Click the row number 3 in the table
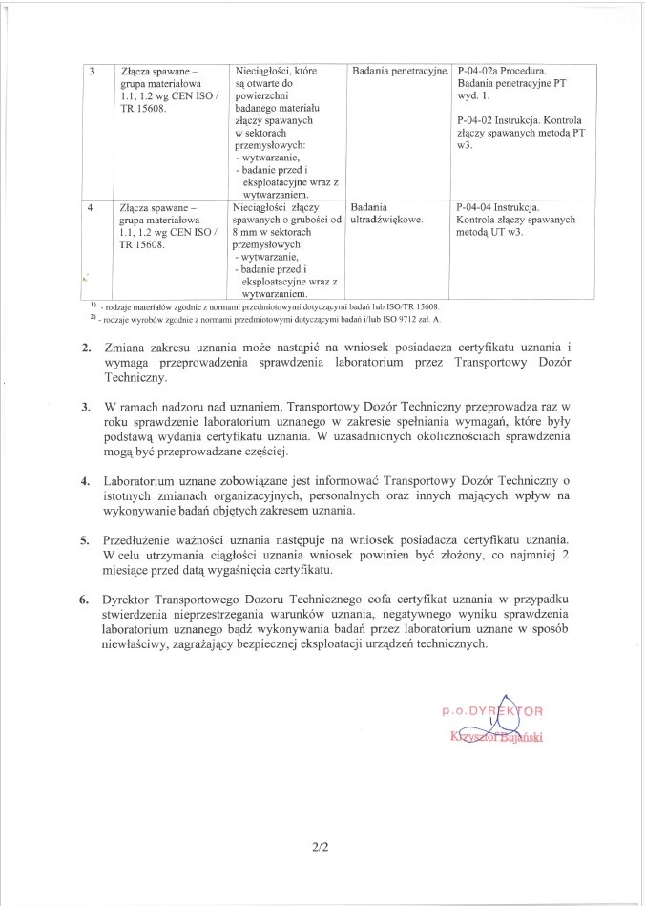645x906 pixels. coord(91,73)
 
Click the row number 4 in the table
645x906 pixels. coord(91,207)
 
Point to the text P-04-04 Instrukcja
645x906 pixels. coord(498,207)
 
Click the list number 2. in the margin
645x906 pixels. coord(86,347)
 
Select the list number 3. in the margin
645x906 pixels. coord(86,408)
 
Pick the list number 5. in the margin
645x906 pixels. coord(86,541)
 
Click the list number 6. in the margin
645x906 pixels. coord(86,601)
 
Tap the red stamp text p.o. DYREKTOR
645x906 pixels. coord(492,712)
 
